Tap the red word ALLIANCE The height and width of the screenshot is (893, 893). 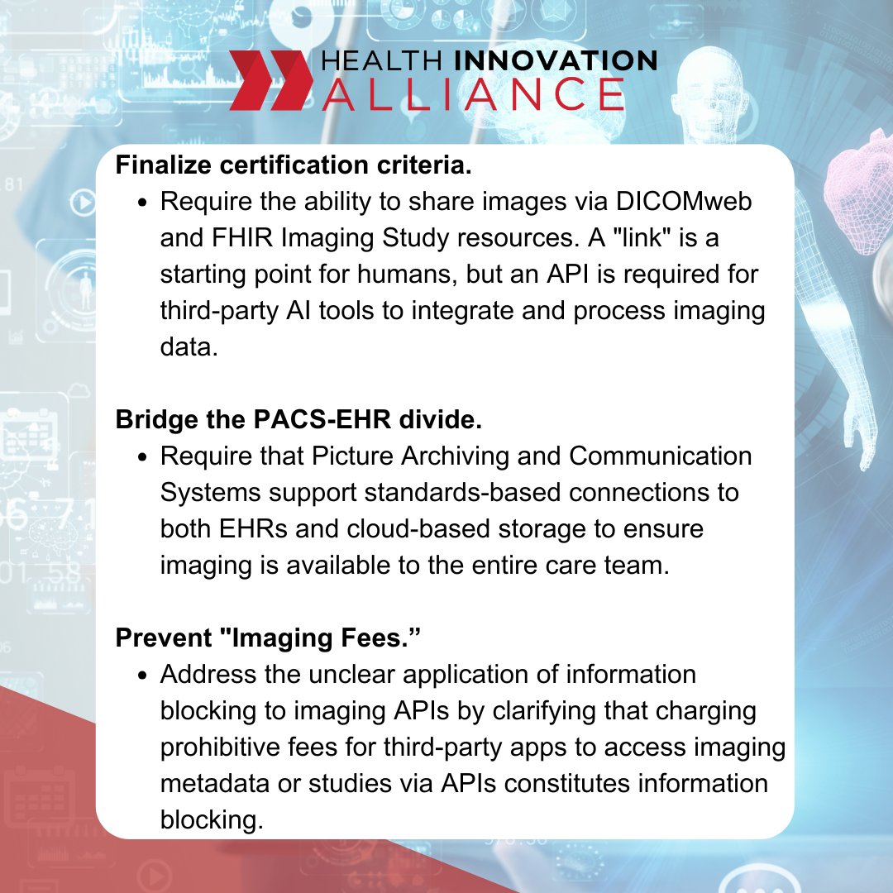coord(472,94)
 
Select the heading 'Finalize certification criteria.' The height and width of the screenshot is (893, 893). coord(294,165)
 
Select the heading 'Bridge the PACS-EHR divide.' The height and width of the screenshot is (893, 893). coord(298,419)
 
